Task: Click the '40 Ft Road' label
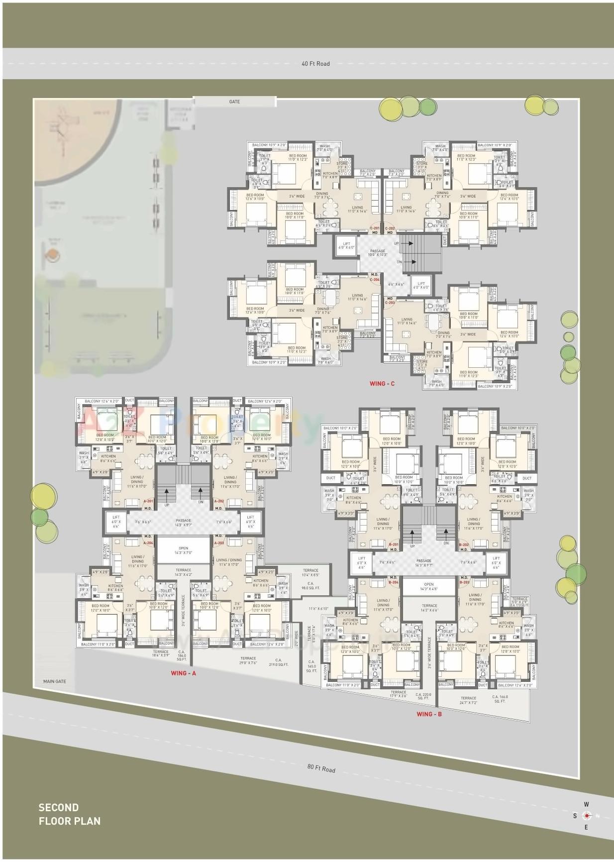(x=315, y=64)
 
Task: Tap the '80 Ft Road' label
(x=321, y=768)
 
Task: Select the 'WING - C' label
(x=382, y=384)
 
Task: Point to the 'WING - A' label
(x=183, y=673)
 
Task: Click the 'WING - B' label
(x=429, y=714)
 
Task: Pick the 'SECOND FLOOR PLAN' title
(x=69, y=814)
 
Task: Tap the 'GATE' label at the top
(x=234, y=102)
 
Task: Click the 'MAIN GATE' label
(x=54, y=681)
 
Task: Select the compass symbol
(x=587, y=816)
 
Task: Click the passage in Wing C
(x=377, y=253)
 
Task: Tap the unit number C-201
(x=375, y=228)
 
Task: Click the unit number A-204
(x=148, y=543)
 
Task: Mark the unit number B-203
(x=464, y=582)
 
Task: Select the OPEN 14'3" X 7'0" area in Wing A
(x=183, y=550)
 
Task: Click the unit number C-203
(x=390, y=303)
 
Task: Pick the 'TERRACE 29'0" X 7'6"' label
(x=248, y=660)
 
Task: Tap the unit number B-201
(x=393, y=544)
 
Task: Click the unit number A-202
(x=218, y=502)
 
